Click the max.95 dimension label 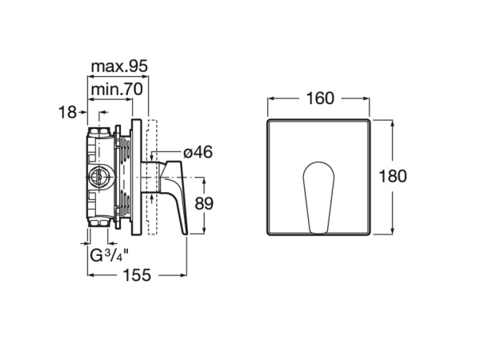[119, 66]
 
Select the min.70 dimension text [117, 90]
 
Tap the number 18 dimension [67, 112]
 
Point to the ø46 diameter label [198, 152]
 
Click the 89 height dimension [204, 203]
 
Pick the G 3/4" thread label [110, 255]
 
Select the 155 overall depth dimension [137, 275]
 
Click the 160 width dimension [320, 98]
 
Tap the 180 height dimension [393, 176]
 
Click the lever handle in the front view [318, 197]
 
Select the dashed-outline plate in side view [152, 178]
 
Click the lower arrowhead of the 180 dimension [393, 231]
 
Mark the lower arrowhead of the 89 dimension [205, 230]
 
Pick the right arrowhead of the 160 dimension [366, 98]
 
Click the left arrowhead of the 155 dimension [92, 275]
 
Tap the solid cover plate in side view [136, 178]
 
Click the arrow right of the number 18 [82, 112]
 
